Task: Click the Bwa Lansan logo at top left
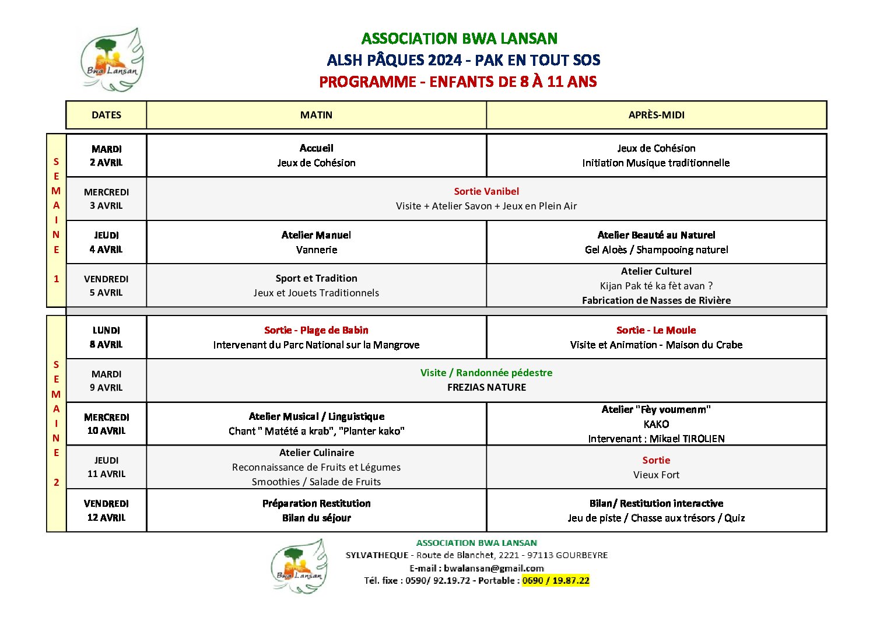[111, 60]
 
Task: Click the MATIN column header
[316, 115]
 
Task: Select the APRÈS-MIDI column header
[656, 115]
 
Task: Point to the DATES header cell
[106, 115]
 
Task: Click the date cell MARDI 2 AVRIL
[106, 156]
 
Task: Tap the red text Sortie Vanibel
[486, 191]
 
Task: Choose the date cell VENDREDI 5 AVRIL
[106, 286]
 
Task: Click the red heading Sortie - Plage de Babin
[316, 330]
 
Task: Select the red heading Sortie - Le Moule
[656, 330]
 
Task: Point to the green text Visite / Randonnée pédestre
[486, 373]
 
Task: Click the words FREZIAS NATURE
[486, 387]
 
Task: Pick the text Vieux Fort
[656, 475]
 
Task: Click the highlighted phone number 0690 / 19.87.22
[556, 580]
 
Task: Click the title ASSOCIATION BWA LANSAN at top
[460, 38]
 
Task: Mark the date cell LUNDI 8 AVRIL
[106, 337]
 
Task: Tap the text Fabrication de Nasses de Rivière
[656, 300]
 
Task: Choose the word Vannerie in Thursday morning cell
[316, 250]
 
